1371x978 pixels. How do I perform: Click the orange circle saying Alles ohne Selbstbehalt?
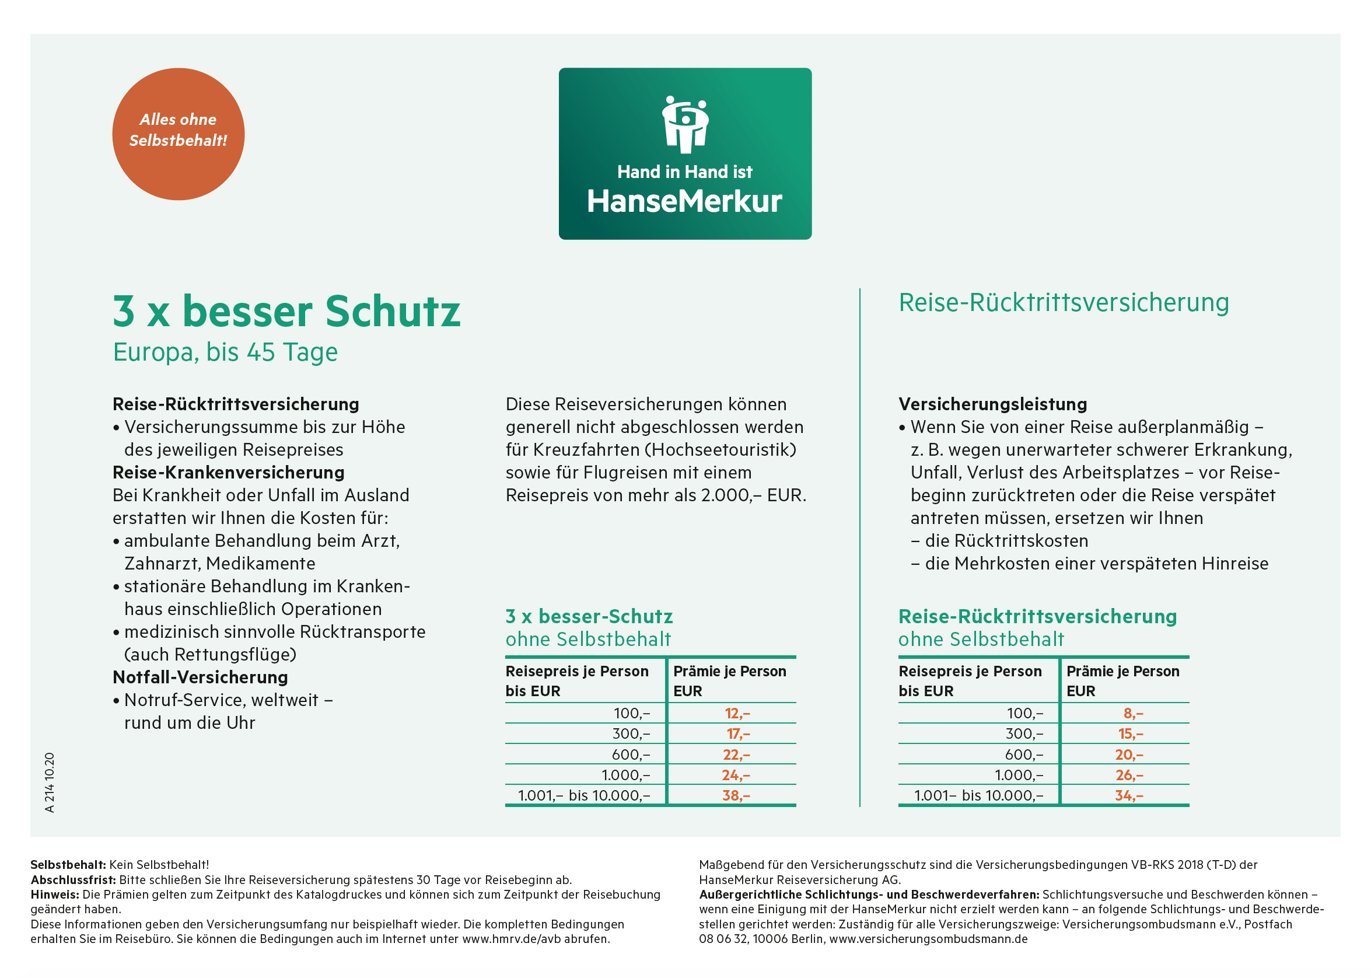coord(178,134)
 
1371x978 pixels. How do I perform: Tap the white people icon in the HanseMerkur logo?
coord(684,124)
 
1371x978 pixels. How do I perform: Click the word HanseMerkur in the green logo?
coord(684,201)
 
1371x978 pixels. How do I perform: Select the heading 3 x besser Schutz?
coord(286,312)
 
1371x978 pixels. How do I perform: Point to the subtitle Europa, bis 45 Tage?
coord(225,352)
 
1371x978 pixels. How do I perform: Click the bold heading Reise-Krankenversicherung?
coord(229,473)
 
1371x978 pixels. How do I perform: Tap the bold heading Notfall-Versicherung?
coord(201,677)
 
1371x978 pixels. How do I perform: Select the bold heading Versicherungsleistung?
coord(993,404)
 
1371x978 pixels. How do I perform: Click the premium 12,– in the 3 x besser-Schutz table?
coord(737,714)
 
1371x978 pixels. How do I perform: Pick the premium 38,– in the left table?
coord(736,795)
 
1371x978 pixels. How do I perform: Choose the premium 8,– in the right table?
coord(1133,714)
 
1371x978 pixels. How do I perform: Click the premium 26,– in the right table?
coord(1129,775)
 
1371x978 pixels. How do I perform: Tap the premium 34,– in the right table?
coord(1129,795)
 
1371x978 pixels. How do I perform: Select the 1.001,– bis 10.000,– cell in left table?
coord(584,795)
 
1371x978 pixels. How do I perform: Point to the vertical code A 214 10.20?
coord(50,783)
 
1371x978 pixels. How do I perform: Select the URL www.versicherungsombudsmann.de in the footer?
coord(928,939)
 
